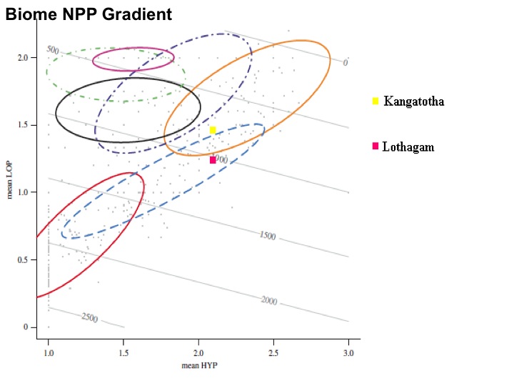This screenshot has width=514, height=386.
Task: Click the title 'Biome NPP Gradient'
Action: tap(89, 14)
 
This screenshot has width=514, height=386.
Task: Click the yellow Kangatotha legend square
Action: tap(375, 101)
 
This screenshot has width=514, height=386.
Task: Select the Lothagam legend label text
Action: tap(408, 147)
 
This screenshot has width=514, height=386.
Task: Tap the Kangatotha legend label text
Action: tap(413, 102)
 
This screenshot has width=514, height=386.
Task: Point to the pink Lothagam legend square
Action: tap(375, 147)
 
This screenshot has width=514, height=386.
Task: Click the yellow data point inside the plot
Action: tap(213, 130)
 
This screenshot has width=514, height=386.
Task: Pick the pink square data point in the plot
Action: tap(213, 160)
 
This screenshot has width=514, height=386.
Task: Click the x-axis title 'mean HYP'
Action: tap(198, 366)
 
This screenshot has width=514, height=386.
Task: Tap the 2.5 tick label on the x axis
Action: tap(273, 353)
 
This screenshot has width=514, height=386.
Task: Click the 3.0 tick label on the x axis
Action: tap(348, 353)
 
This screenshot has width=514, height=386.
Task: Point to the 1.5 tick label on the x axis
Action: tap(124, 353)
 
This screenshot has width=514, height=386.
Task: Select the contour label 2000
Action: tap(268, 301)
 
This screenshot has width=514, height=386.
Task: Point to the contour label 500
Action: tap(52, 49)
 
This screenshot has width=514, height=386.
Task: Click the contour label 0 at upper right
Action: tap(345, 63)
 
